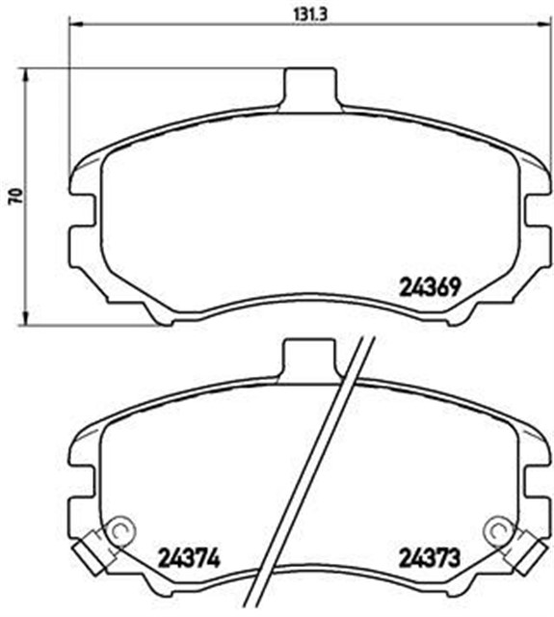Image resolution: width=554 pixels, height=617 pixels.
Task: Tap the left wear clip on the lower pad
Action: click(x=91, y=550)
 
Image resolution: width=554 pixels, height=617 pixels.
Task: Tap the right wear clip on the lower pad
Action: click(x=524, y=550)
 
